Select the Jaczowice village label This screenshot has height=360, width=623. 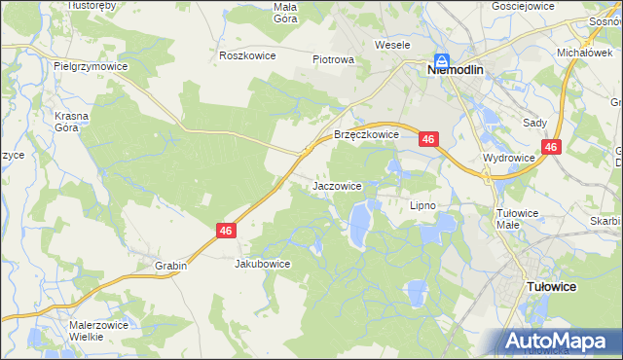point(338,185)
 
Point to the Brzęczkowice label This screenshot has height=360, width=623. point(367,135)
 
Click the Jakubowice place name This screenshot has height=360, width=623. point(263,264)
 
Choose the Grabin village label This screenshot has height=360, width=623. point(169,265)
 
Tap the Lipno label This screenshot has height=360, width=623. point(422,205)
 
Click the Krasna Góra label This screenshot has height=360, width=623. point(72,122)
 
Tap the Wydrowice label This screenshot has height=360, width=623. point(508,157)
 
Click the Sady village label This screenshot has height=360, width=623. point(534,123)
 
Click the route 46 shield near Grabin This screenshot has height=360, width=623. point(226,230)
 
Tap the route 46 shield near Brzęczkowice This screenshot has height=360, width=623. point(429,140)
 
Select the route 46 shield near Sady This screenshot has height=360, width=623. point(552,147)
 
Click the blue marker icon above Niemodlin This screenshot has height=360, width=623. point(441,58)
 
